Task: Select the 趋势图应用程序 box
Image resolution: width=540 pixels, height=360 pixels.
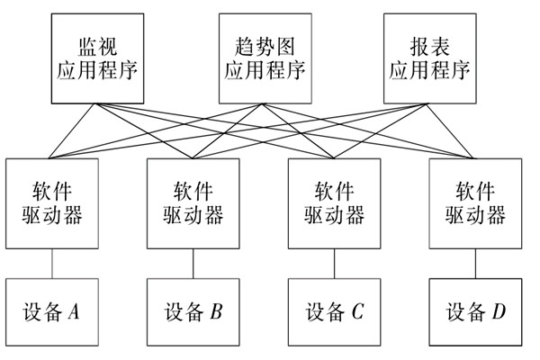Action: tap(262, 58)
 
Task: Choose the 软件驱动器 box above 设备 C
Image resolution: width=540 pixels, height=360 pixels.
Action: tap(334, 203)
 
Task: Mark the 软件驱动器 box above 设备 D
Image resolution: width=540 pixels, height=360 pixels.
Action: tap(474, 203)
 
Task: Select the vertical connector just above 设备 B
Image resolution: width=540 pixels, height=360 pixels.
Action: tap(193, 264)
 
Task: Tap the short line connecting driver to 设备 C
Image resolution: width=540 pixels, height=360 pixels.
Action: tap(334, 264)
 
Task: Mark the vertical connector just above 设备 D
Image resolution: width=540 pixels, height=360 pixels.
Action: tap(475, 264)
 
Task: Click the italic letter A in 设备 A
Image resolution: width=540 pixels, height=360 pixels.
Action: tap(74, 312)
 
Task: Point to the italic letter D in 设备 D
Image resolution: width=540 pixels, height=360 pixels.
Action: tap(499, 312)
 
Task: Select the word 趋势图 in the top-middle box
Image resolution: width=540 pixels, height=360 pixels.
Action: tap(262, 43)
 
